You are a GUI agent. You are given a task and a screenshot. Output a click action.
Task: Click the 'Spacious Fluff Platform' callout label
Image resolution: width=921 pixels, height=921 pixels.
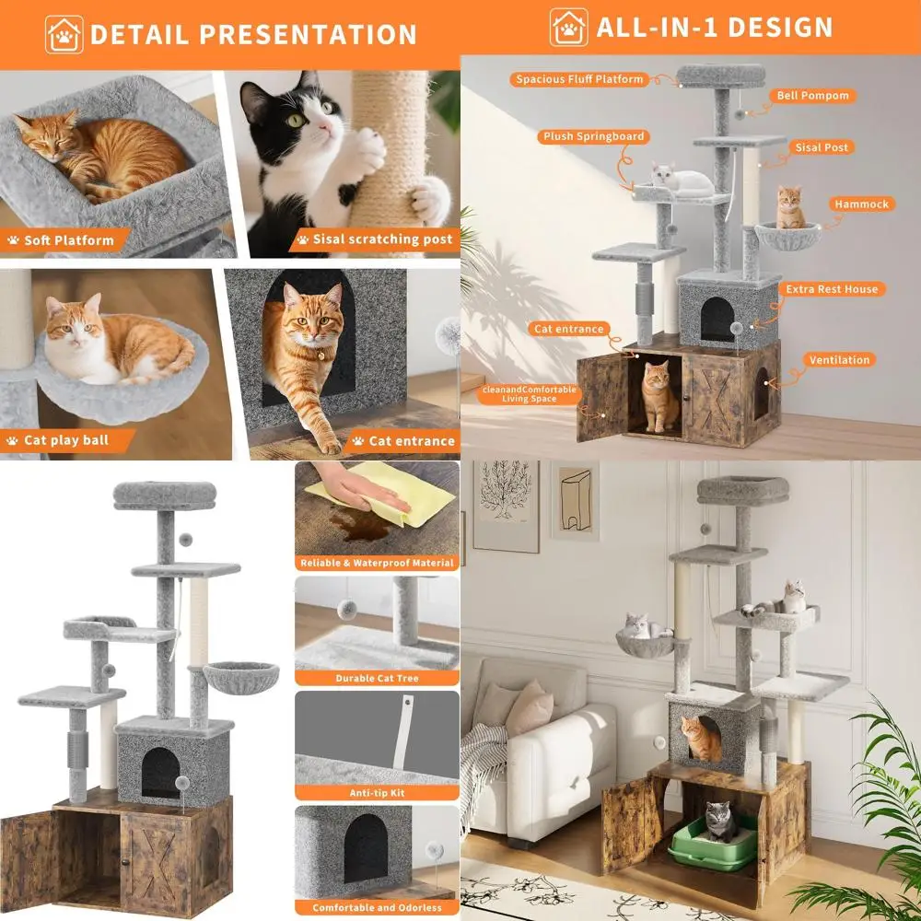[x=579, y=79]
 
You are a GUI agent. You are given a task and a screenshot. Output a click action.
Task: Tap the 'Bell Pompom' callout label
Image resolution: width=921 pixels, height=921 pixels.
[x=811, y=96]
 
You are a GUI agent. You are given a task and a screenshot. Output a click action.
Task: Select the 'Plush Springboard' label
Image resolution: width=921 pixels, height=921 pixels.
[x=593, y=136]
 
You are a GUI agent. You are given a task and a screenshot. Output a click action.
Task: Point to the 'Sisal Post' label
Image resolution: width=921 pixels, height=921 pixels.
[x=822, y=147]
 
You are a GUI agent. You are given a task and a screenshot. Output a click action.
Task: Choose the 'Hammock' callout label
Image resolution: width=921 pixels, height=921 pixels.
[x=861, y=204]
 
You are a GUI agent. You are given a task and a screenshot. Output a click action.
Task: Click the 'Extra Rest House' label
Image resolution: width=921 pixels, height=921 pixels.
[x=832, y=289]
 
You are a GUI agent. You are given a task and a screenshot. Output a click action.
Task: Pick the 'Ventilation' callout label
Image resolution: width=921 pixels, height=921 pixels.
[x=840, y=360]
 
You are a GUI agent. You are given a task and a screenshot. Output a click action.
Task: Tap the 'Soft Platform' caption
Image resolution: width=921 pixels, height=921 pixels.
[x=69, y=240]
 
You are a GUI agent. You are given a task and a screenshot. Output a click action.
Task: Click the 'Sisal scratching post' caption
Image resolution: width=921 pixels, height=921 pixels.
[x=382, y=239]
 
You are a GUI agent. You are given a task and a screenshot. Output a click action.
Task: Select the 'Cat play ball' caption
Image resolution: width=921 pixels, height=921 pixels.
[x=65, y=440]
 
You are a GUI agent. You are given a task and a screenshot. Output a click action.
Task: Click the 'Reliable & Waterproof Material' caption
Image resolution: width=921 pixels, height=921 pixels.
[x=377, y=563]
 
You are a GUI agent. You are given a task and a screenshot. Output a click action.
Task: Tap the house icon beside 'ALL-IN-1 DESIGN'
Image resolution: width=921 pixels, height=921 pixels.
[x=568, y=28]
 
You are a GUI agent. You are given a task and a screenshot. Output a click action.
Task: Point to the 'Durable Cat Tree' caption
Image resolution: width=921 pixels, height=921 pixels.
[x=377, y=678]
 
